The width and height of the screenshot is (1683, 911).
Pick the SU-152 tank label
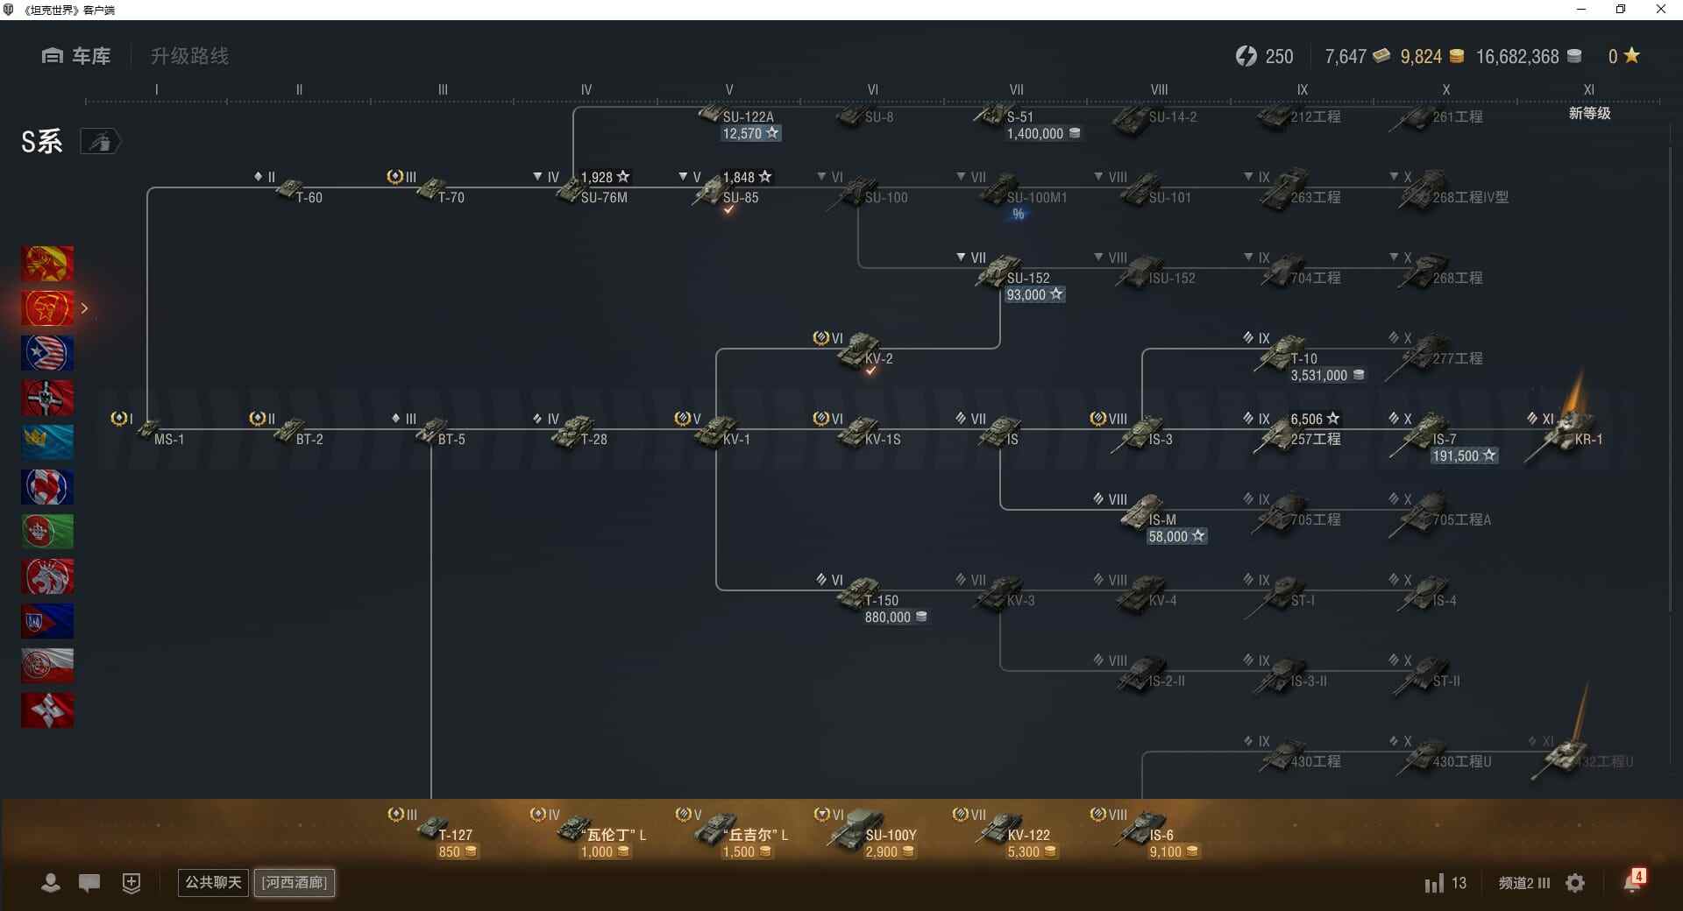point(1027,279)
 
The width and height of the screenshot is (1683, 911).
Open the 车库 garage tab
point(76,56)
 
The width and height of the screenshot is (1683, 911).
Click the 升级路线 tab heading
point(189,56)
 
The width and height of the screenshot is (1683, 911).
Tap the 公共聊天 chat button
point(213,882)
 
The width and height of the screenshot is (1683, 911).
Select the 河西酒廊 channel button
point(295,882)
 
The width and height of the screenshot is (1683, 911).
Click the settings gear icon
point(1575,883)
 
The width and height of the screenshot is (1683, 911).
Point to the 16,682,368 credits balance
point(1517,57)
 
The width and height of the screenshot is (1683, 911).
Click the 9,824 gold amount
point(1421,57)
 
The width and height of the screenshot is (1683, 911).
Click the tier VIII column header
point(1159,89)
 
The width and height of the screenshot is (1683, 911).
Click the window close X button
point(1660,10)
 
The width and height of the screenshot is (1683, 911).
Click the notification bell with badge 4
point(1633,882)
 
